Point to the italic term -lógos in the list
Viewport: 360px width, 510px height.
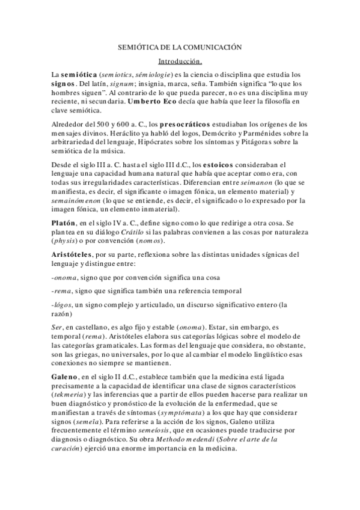(x=63, y=306)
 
